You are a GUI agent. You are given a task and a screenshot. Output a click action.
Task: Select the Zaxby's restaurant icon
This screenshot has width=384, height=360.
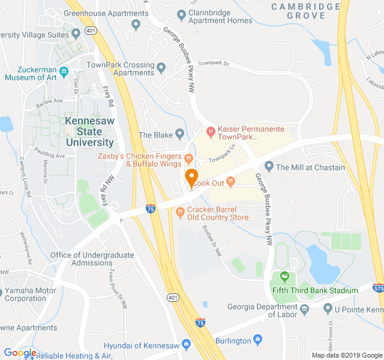188,159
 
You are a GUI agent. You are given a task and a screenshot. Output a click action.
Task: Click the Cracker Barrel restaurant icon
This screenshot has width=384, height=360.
179,211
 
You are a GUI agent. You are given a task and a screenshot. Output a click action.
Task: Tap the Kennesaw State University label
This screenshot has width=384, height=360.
89,131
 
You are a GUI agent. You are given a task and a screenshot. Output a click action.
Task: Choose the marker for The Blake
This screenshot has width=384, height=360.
179,133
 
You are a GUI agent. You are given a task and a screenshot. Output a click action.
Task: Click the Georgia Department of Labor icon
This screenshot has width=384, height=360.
304,308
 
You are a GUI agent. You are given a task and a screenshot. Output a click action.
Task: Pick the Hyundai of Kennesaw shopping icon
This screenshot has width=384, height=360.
186,345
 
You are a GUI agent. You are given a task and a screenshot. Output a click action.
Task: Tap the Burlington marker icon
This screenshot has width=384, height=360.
258,340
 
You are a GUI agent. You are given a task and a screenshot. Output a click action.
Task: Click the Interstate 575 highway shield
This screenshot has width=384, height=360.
377,287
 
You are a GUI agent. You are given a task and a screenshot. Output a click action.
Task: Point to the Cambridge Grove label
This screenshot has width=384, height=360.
305,11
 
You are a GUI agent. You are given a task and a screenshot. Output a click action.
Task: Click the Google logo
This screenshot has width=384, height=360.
20,353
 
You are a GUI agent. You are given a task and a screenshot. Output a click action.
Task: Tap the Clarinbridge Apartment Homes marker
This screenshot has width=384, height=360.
181,14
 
